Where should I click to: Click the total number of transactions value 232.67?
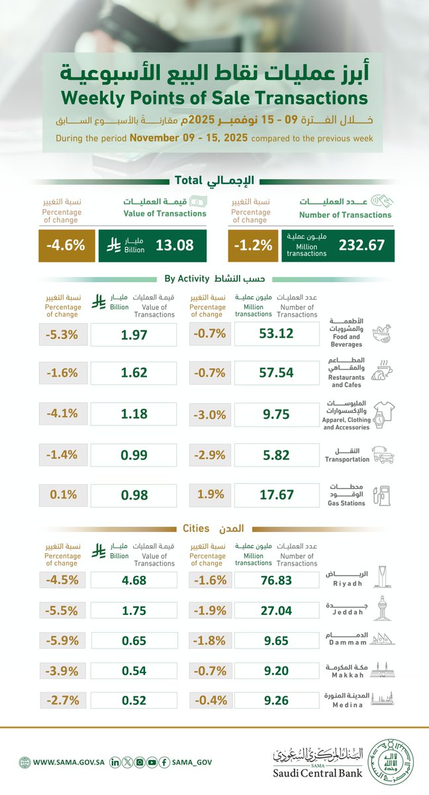361,245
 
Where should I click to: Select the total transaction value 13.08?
175,245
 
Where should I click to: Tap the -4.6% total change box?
66,245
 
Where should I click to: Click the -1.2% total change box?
252,245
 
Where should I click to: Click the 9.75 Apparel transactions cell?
277,415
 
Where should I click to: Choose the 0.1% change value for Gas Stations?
64,496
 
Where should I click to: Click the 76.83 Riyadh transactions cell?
277,581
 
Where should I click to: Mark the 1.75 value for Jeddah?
134,611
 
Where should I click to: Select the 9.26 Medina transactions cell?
277,700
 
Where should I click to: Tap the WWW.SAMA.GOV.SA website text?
66,763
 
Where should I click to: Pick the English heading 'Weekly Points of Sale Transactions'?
214,98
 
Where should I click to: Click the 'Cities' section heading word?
196,529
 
